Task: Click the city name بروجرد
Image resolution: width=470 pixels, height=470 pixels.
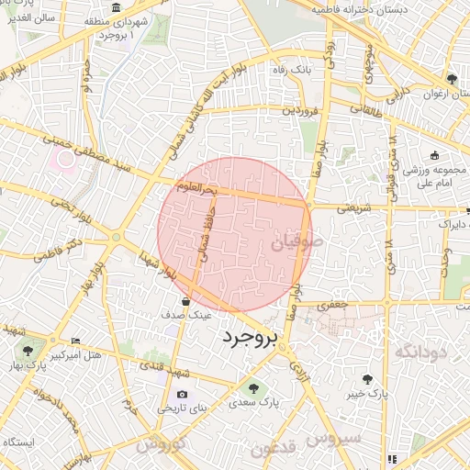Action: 249,339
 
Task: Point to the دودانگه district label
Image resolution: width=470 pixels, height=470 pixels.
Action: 420,352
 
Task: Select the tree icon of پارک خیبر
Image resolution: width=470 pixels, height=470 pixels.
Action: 367,378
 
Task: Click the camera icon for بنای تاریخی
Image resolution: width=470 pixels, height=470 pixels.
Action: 182,395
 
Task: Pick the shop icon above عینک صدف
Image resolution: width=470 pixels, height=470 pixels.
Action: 186,300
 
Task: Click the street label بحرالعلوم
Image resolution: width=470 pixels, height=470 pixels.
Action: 196,188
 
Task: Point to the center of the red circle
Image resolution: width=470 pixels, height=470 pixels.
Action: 235,235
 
